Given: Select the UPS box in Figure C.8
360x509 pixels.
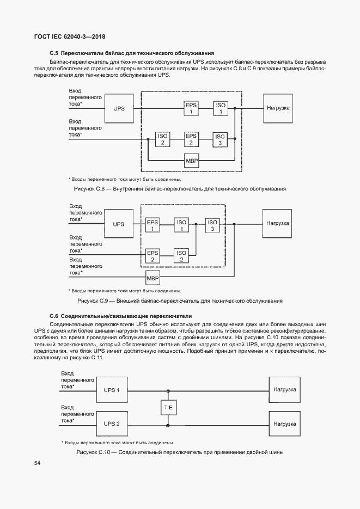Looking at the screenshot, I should pyautogui.click(x=119, y=108).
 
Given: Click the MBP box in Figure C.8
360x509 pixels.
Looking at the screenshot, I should pyautogui.click(x=192, y=161).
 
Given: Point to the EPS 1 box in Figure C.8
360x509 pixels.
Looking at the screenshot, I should pyautogui.click(x=191, y=108).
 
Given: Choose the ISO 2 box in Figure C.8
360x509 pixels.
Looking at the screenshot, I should pyautogui.click(x=162, y=139).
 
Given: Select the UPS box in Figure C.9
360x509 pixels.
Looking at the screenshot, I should pyautogui.click(x=119, y=224).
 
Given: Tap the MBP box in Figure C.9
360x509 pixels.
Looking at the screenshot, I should pyautogui.click(x=152, y=279).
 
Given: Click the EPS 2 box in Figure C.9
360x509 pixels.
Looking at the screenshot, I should pyautogui.click(x=153, y=255).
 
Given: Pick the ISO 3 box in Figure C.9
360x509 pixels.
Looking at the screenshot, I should pyautogui.click(x=212, y=224).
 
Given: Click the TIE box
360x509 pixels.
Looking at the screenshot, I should pyautogui.click(x=168, y=408).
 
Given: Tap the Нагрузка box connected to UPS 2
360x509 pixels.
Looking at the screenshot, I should pyautogui.click(x=284, y=423).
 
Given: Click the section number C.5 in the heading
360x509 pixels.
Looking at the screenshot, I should pyautogui.click(x=53, y=53).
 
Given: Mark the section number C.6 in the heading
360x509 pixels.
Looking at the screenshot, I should pyautogui.click(x=53, y=316).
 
